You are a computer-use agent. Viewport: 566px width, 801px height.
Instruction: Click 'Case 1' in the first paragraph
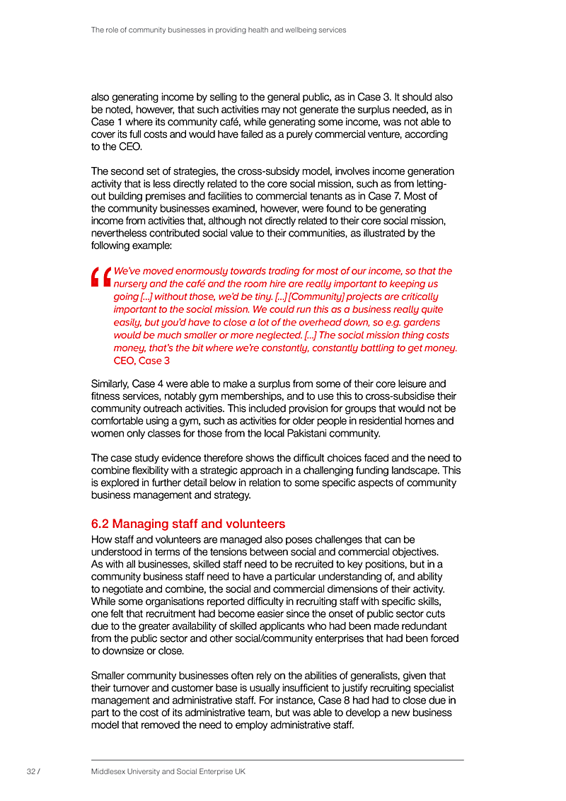coord(108,122)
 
